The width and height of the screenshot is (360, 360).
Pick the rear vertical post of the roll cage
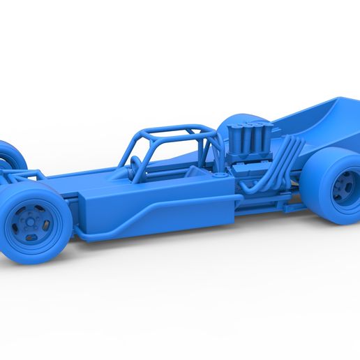coord(207,150)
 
